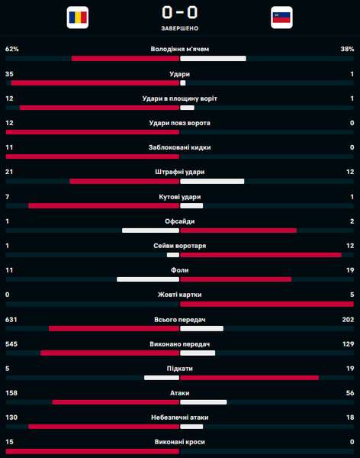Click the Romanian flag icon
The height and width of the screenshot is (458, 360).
[x=78, y=18]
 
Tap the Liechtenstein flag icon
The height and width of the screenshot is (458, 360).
[x=281, y=18]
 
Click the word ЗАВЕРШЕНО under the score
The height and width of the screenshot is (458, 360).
[x=180, y=28]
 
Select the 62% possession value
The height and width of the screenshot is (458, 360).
[x=12, y=49]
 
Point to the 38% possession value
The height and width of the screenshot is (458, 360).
[x=348, y=49]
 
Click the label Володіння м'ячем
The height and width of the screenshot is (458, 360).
[x=180, y=49]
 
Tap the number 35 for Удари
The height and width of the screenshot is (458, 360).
[x=9, y=74]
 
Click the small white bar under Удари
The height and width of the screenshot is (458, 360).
[x=183, y=83]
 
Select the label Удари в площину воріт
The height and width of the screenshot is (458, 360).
[x=180, y=98]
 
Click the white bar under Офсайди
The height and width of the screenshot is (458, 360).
[x=151, y=231]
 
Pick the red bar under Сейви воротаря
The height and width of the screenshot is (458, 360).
[x=261, y=255]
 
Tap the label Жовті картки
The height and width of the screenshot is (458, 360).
[x=180, y=295]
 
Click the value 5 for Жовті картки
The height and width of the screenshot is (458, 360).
[x=352, y=295]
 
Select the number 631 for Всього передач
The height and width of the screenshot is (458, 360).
[x=11, y=320]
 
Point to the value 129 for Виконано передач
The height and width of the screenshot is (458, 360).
[x=348, y=344]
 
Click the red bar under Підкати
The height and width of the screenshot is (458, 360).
[x=249, y=378]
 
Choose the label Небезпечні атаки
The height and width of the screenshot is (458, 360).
[x=180, y=418]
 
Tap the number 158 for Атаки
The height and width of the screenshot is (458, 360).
[x=11, y=393]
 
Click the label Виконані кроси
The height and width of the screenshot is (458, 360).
[x=180, y=442]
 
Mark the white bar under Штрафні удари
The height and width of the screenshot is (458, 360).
[x=212, y=182]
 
